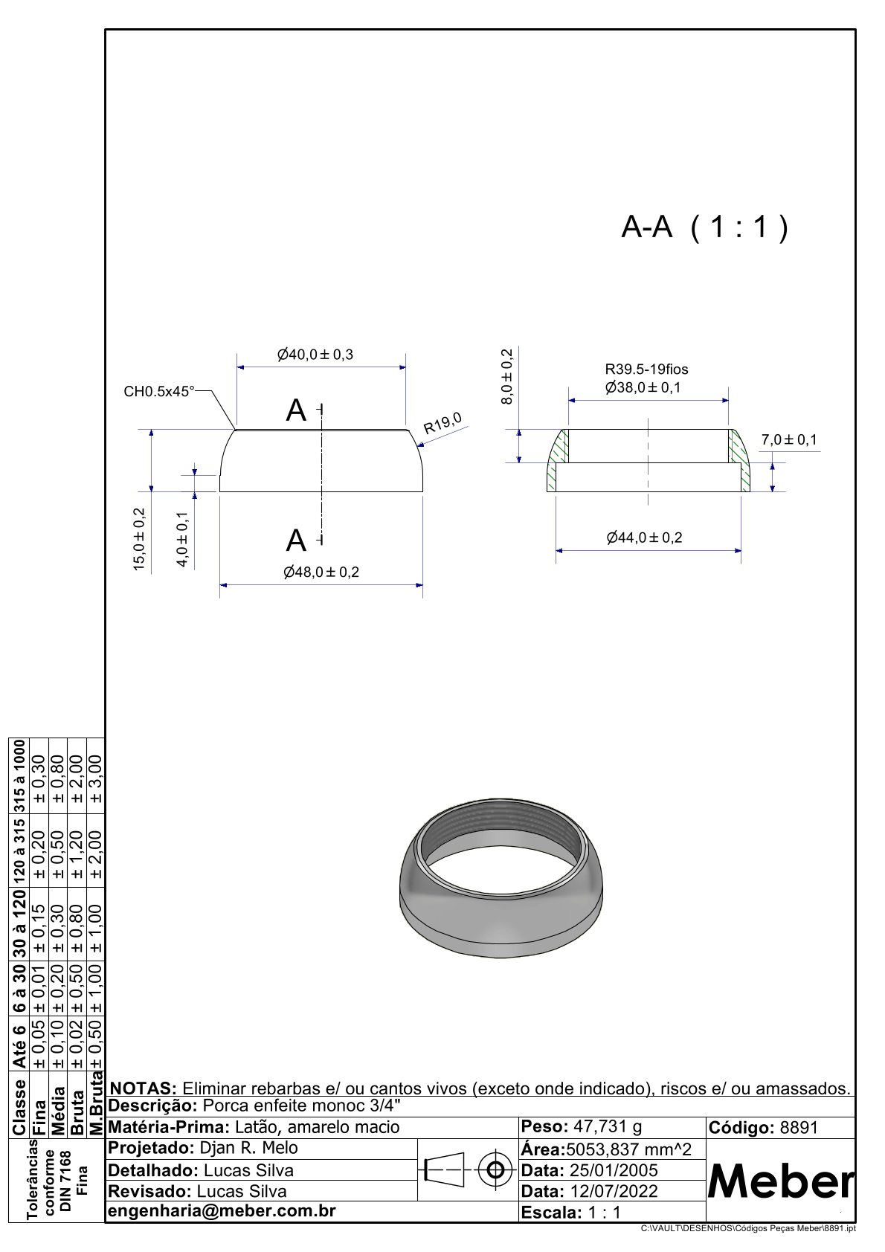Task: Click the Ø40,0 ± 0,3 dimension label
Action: click(315, 355)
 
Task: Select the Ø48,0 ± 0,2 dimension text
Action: click(321, 572)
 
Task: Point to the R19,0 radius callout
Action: click(442, 423)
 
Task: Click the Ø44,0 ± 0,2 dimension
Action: click(644, 538)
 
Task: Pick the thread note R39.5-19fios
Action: click(646, 369)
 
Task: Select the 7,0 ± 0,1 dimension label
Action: click(788, 440)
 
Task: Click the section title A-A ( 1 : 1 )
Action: click(704, 228)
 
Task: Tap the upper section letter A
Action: click(296, 410)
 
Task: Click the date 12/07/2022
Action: click(613, 1191)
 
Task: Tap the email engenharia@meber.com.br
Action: click(222, 1211)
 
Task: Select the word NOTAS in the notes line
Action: click(143, 1088)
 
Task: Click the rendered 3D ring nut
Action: click(501, 885)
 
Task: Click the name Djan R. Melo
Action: click(249, 1148)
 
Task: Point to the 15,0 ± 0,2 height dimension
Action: click(139, 539)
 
